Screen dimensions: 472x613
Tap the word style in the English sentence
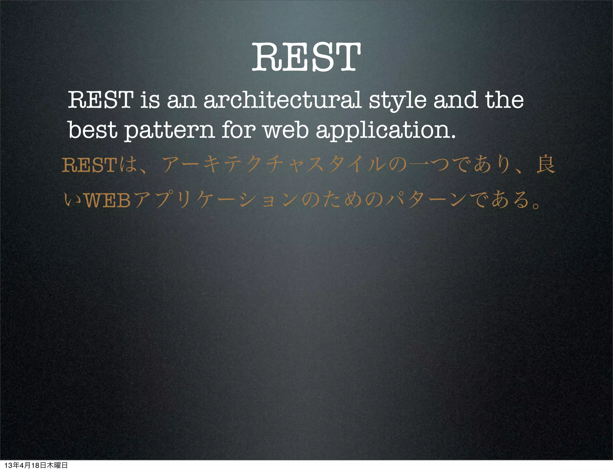(x=397, y=100)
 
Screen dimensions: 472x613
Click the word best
(x=92, y=130)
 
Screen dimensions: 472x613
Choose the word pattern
(x=169, y=131)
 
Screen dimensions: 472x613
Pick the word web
(x=286, y=130)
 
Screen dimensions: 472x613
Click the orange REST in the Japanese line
(x=89, y=165)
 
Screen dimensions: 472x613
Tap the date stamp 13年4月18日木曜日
(x=36, y=465)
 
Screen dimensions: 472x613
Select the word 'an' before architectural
(x=181, y=100)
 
